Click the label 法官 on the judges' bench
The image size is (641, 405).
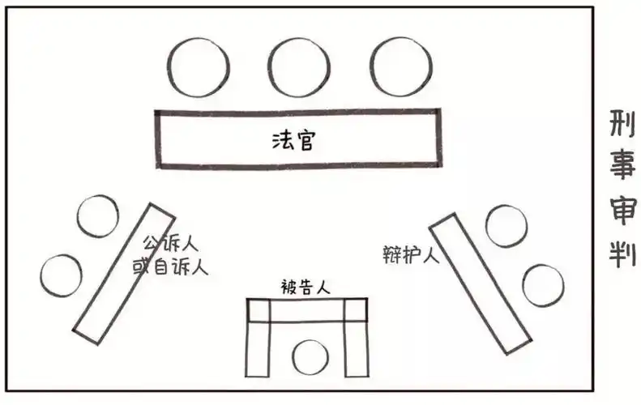293,140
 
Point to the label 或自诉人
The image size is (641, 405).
170,265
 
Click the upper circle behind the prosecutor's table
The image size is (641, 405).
97,216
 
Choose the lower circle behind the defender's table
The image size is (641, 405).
542,285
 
